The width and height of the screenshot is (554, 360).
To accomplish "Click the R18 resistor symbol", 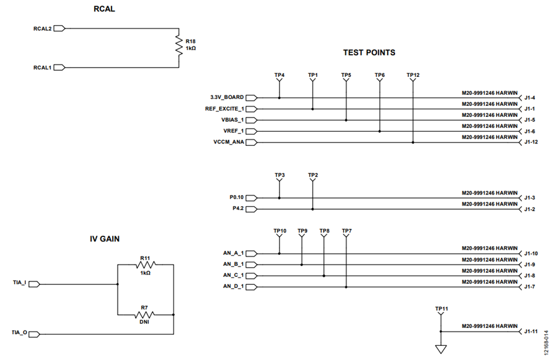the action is pos(179,45).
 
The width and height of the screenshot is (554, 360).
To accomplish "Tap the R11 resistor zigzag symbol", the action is pos(145,265).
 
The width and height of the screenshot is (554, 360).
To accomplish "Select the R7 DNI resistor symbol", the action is pos(145,314).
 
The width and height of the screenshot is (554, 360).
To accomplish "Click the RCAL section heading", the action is pos(104,9).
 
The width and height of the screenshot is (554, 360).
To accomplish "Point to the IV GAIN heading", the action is pos(105,239).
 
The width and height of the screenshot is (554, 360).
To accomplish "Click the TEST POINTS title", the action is pos(369,53).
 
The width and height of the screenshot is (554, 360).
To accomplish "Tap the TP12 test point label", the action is pos(413,75).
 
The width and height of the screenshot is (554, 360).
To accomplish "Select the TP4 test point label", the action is pos(279,75).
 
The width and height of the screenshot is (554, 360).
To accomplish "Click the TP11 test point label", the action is pos(441,309).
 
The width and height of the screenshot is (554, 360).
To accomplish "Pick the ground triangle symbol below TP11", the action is pos(441,349).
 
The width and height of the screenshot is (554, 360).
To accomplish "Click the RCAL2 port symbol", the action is pos(60,29).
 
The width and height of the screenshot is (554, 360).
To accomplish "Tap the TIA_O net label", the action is pos(20,332).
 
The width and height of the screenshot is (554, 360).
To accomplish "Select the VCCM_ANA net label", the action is pos(228,142).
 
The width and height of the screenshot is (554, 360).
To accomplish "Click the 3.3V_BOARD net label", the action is pos(227,97).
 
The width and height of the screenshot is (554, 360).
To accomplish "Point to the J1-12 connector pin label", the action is pos(531,142).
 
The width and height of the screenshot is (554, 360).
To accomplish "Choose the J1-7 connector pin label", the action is pos(529,287).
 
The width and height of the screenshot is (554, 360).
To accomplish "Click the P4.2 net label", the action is pos(238,209).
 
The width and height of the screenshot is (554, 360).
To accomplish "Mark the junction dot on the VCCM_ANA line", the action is pos(413,142).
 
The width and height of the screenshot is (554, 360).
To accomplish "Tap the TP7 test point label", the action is pos(347,231).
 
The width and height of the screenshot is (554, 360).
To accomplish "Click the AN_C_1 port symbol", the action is pos(252,276).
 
